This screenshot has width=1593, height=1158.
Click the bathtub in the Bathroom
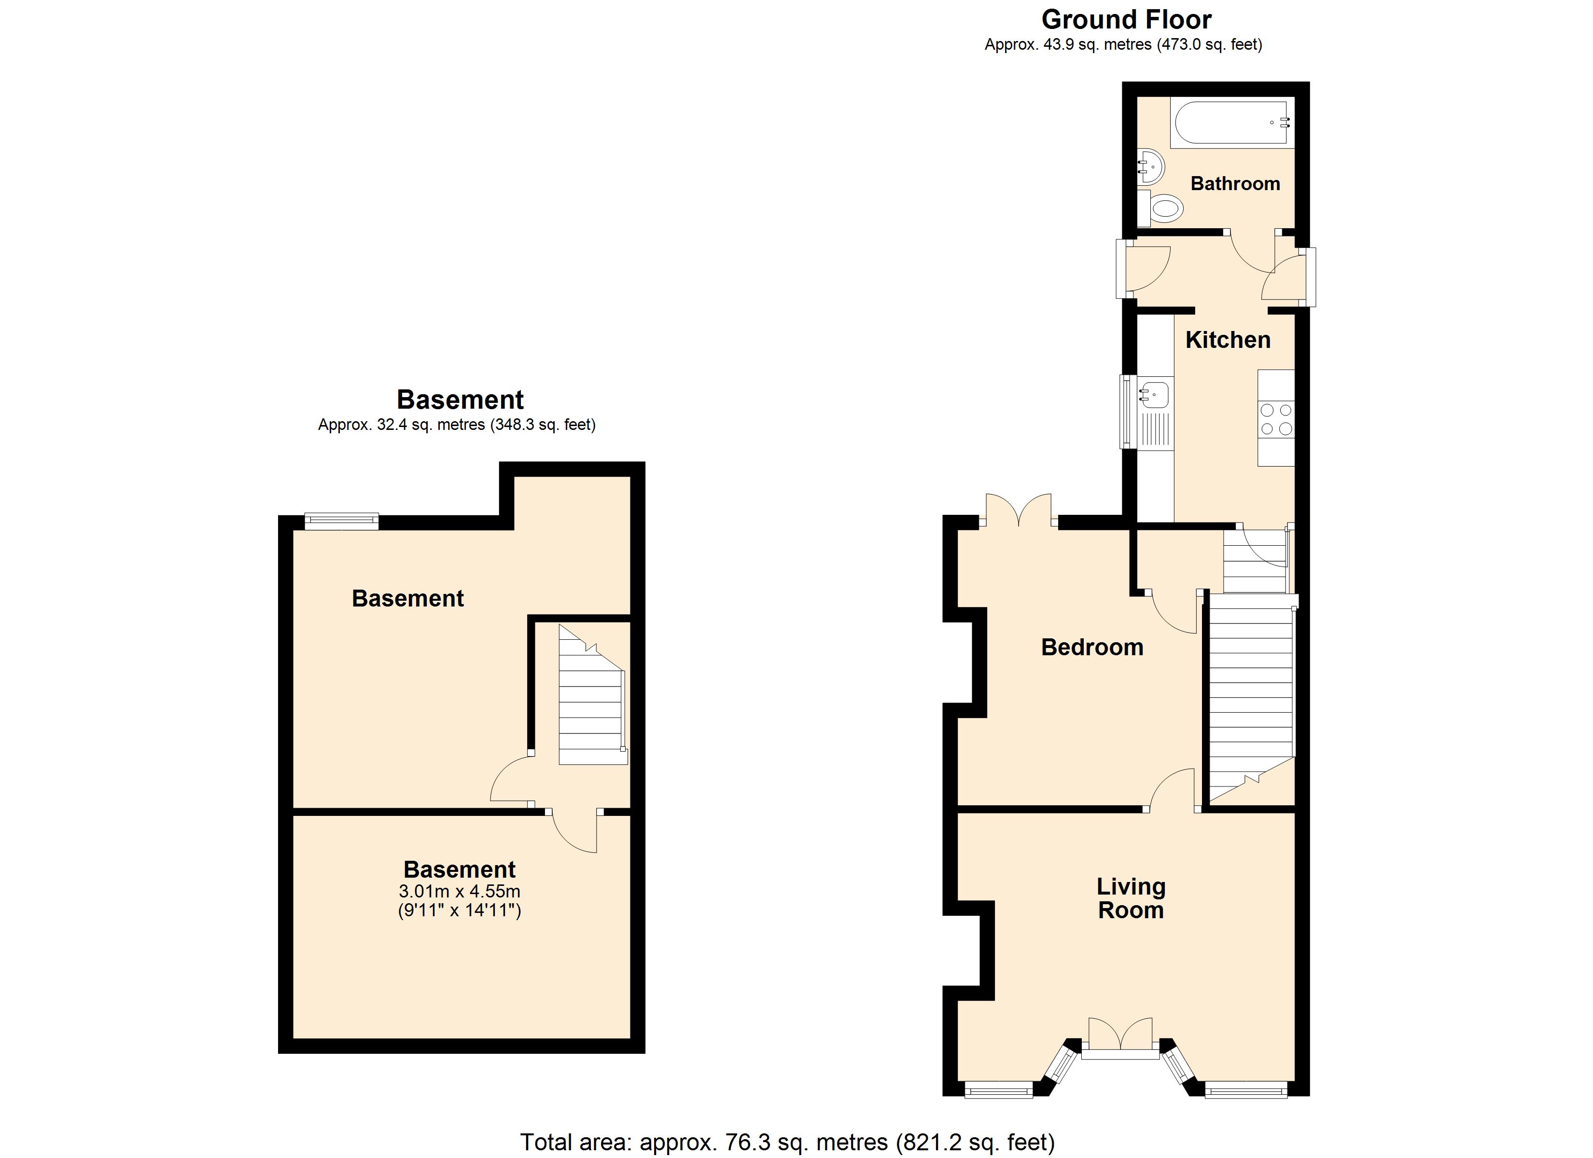point(1233,124)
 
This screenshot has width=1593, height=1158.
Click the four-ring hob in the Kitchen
point(1275,419)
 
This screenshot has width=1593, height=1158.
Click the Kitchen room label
point(1228,340)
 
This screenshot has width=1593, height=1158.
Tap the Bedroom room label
point(1092,647)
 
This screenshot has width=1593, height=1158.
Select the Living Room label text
point(1131,898)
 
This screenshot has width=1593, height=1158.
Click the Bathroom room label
point(1235,184)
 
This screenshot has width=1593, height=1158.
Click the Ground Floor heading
point(1127,19)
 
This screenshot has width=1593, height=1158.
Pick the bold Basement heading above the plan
point(460,400)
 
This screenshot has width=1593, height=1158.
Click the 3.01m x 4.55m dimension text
point(460,891)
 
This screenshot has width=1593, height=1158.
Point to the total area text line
point(787,1142)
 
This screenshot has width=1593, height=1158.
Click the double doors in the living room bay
point(1120,1038)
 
